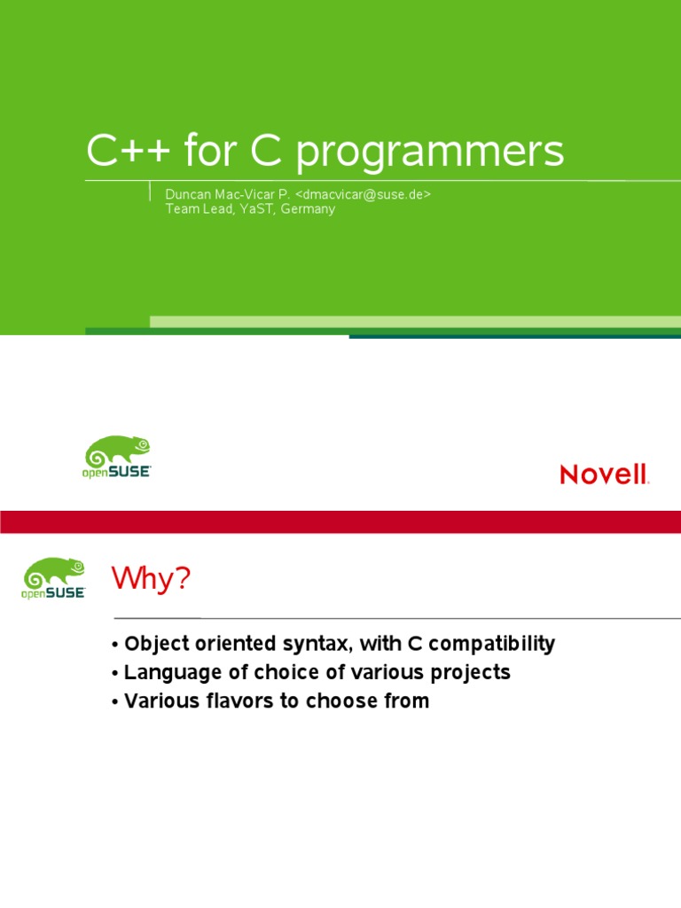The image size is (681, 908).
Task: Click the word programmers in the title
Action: [430, 153]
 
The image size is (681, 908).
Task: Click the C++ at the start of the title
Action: [128, 150]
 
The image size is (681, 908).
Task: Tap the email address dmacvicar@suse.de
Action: [363, 194]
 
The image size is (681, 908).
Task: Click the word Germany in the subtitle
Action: [308, 209]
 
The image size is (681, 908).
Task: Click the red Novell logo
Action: [604, 474]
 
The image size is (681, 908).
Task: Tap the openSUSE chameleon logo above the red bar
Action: [116, 457]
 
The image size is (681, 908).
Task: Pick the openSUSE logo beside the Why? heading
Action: [53, 578]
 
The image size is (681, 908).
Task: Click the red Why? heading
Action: [151, 578]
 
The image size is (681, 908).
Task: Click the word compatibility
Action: [491, 644]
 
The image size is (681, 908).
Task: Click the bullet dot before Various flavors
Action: [115, 702]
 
